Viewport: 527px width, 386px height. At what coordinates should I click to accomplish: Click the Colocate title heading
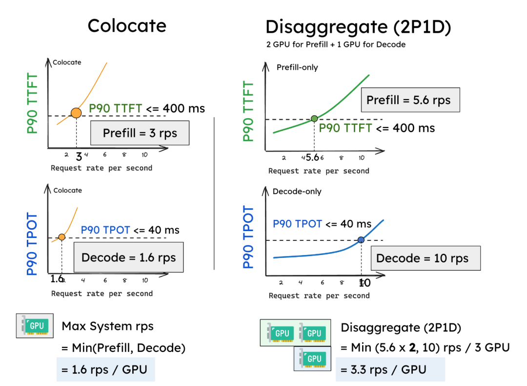pyautogui.click(x=127, y=25)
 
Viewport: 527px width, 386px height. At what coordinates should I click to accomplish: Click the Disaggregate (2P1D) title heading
pyautogui.click(x=358, y=26)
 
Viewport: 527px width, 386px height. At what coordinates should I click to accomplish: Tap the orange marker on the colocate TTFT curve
pyautogui.click(x=76, y=113)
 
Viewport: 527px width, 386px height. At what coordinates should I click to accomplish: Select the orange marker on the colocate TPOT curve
pyautogui.click(x=62, y=237)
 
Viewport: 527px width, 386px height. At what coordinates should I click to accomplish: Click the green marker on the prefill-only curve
pyautogui.click(x=314, y=118)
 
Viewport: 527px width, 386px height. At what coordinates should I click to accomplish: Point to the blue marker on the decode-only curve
pyautogui.click(x=361, y=239)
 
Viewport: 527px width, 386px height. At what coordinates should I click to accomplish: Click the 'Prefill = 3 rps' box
pyautogui.click(x=140, y=133)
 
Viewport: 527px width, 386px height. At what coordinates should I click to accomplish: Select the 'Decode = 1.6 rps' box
pyautogui.click(x=128, y=257)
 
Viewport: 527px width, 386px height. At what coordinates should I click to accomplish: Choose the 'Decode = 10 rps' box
pyautogui.click(x=422, y=258)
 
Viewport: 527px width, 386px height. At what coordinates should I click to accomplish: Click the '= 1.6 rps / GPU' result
pyautogui.click(x=105, y=370)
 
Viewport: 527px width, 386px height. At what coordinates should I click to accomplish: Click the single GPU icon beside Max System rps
pyautogui.click(x=34, y=326)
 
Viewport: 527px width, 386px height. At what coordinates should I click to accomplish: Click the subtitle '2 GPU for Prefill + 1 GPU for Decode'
pyautogui.click(x=336, y=44)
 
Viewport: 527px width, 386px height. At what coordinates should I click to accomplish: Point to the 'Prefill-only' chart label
pyautogui.click(x=297, y=67)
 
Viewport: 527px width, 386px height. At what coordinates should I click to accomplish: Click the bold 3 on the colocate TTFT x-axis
pyautogui.click(x=79, y=156)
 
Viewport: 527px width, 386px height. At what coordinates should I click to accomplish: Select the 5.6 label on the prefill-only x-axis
pyautogui.click(x=312, y=158)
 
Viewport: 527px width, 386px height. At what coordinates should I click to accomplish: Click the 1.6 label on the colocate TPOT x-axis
pyautogui.click(x=57, y=279)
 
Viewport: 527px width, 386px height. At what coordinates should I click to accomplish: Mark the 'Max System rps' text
pyautogui.click(x=107, y=326)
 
